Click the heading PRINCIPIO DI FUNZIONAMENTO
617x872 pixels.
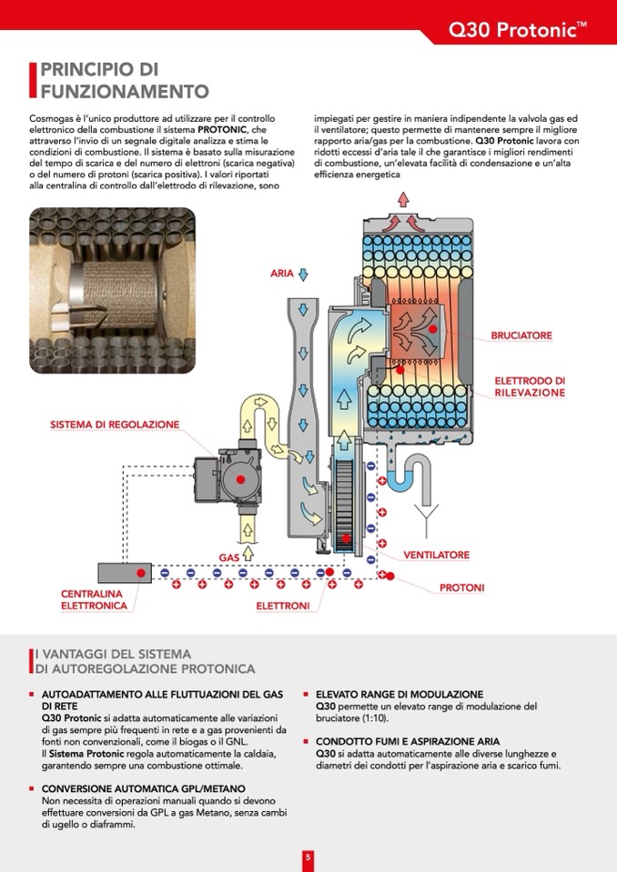click(124, 80)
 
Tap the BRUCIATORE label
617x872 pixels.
click(521, 336)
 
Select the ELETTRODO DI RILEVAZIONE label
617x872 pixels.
click(530, 386)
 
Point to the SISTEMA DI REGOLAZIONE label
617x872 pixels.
click(115, 425)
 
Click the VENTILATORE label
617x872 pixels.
click(437, 555)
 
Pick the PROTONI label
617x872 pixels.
click(461, 588)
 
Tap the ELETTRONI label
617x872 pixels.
click(282, 606)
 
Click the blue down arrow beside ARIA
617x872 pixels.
click(304, 273)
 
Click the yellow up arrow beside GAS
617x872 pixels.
click(248, 553)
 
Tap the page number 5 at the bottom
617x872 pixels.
click(308, 857)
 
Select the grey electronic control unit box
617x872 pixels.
click(123, 573)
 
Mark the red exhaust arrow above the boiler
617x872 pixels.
click(402, 198)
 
